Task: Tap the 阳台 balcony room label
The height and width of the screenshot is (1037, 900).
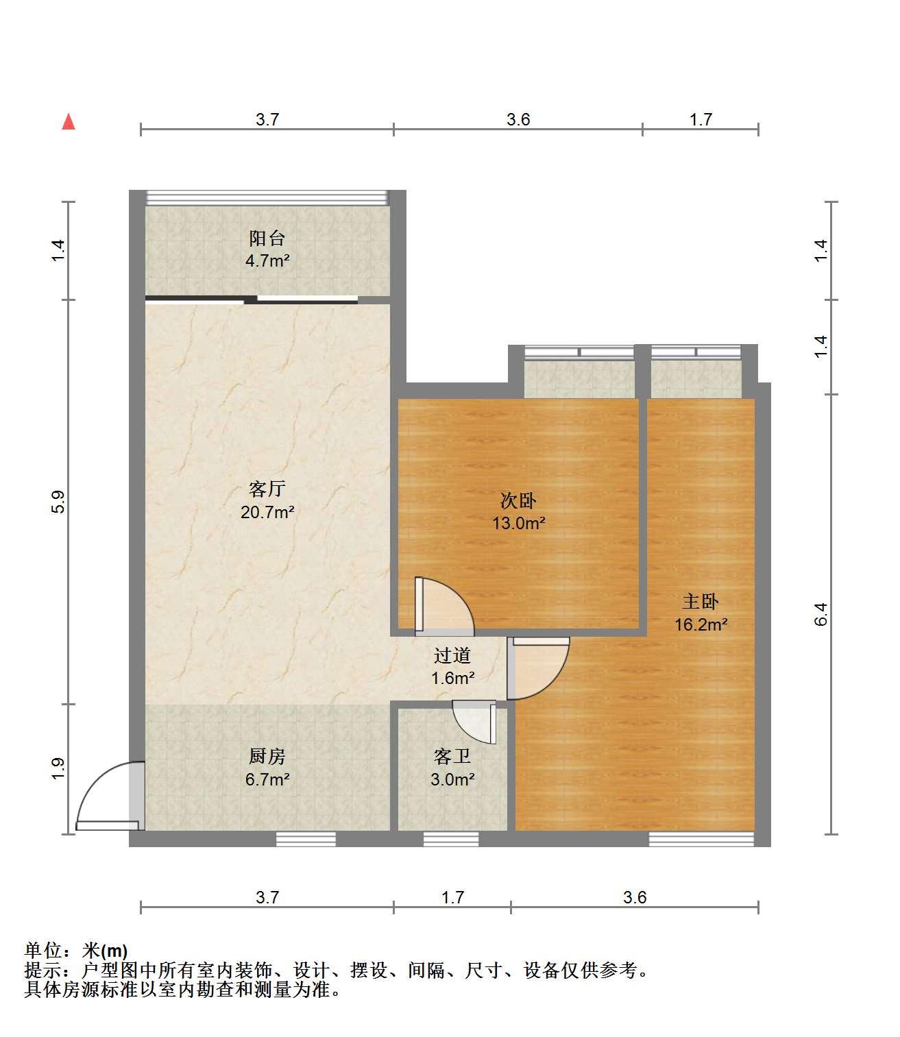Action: (267, 239)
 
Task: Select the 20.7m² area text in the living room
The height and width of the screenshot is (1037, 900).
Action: (267, 513)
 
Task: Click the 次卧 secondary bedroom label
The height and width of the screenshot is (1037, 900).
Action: (518, 501)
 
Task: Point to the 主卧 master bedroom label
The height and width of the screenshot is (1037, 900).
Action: (701, 602)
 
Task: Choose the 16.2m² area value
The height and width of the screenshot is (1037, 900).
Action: (701, 624)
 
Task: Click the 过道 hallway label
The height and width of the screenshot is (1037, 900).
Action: (452, 655)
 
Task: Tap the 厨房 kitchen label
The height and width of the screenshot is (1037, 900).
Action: (267, 756)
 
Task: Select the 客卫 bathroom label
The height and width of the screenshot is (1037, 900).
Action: (452, 756)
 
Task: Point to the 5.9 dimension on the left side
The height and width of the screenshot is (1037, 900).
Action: (59, 502)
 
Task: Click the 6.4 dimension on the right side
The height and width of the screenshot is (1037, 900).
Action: (821, 614)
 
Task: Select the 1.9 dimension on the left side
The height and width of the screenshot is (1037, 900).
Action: (59, 768)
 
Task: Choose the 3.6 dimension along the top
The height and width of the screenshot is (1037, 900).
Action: (518, 120)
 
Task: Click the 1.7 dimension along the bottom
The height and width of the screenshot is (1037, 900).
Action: (452, 898)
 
